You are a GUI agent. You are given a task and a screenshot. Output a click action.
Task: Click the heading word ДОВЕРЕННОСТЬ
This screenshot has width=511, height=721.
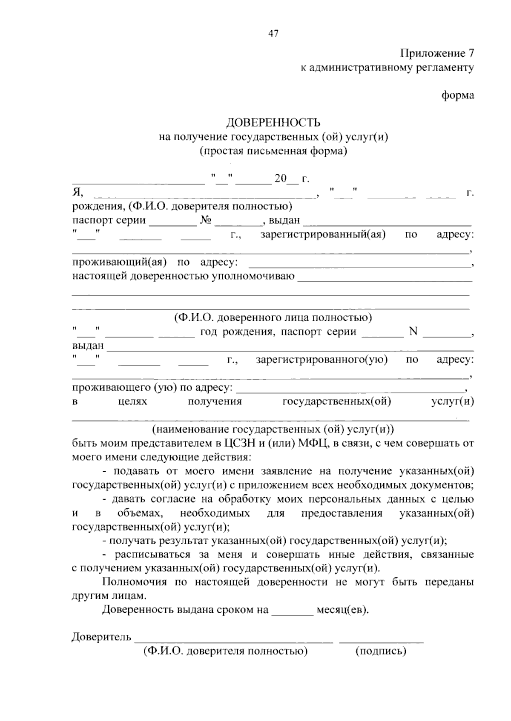[x=273, y=123]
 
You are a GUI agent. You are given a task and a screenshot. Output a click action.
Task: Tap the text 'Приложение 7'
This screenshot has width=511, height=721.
[x=436, y=54]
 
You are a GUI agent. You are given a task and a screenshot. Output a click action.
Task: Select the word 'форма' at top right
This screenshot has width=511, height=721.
[x=457, y=95]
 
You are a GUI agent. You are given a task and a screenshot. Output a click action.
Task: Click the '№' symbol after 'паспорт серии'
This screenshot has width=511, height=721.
[x=206, y=221]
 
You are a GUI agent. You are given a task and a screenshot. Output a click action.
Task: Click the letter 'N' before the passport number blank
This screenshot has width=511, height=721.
[x=413, y=331]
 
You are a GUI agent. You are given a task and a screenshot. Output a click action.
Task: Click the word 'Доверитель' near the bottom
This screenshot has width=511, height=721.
[x=101, y=637]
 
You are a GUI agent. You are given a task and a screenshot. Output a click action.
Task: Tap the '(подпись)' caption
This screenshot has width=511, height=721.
[x=381, y=651]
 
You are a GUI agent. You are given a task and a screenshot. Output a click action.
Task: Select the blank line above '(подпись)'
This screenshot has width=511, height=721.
[x=381, y=641]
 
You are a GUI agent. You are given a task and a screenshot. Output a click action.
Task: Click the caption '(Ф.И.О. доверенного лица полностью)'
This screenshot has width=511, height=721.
[x=273, y=318]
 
